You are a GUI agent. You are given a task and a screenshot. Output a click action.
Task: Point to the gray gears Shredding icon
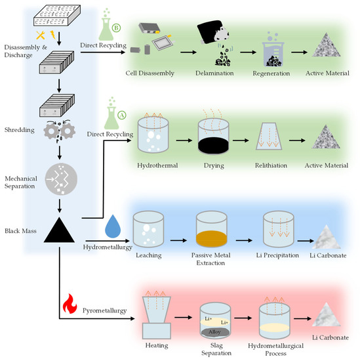pos(59,130)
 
